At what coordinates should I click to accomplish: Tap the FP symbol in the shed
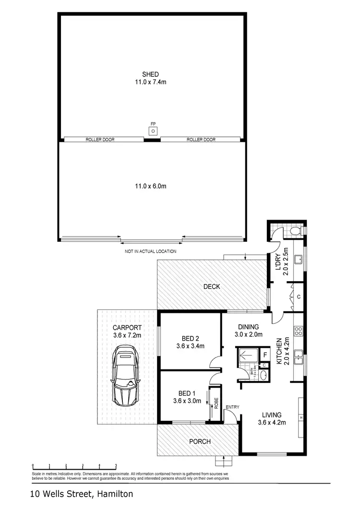tap(153, 130)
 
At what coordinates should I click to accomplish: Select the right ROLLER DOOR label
tap(201, 140)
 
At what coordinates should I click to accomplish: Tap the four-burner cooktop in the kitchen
tap(298, 331)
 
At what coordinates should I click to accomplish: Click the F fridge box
tap(265, 355)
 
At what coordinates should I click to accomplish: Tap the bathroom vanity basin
tap(264, 375)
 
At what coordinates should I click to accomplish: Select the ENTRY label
tap(232, 407)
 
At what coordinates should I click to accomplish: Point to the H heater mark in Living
tap(301, 417)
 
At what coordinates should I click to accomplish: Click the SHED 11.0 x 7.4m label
tap(150, 78)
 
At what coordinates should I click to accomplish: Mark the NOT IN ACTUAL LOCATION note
tap(150, 251)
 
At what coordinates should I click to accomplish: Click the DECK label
tap(212, 286)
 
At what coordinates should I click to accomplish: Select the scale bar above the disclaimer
tap(74, 466)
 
